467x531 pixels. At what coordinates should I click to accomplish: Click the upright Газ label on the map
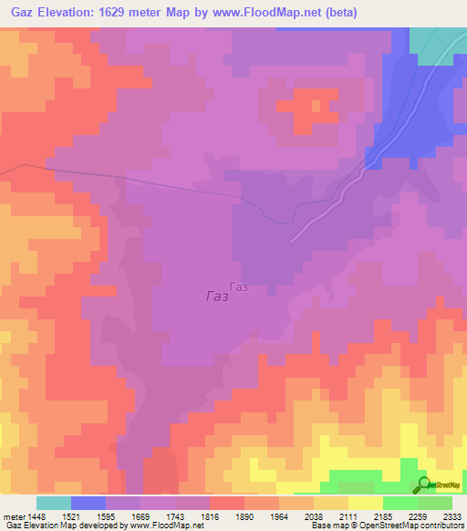(x=239, y=286)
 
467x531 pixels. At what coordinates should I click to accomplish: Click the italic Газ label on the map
(x=217, y=297)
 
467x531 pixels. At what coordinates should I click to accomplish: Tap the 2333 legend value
(x=451, y=515)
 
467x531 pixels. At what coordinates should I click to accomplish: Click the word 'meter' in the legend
(x=14, y=515)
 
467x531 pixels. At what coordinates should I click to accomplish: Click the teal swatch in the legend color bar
(x=54, y=503)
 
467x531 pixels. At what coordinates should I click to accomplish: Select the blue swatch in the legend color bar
(x=88, y=503)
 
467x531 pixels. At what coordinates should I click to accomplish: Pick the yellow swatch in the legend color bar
(x=366, y=503)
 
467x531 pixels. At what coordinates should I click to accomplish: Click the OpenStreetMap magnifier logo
(x=424, y=484)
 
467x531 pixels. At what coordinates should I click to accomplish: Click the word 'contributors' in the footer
(x=441, y=526)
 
